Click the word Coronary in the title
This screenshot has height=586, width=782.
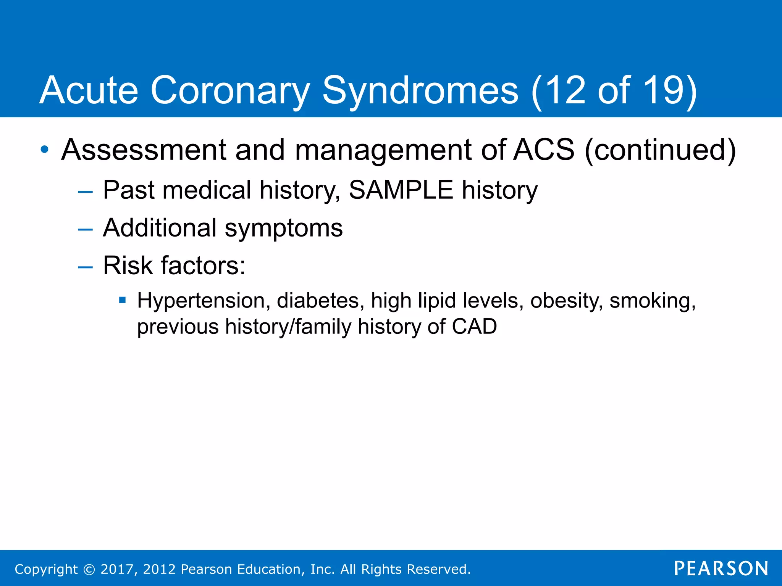click(230, 90)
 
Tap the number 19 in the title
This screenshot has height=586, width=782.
click(664, 90)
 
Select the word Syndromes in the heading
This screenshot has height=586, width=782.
click(420, 90)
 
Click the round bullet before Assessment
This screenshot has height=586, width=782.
click(45, 150)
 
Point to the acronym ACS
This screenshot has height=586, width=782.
click(544, 150)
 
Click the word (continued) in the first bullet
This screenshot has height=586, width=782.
click(660, 150)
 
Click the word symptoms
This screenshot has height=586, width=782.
click(284, 228)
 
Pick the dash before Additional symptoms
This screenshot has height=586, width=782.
click(85, 230)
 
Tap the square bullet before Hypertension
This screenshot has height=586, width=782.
click(122, 300)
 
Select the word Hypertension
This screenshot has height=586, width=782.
click(201, 301)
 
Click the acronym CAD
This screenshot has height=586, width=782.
click(474, 327)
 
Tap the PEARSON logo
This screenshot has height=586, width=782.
click(721, 568)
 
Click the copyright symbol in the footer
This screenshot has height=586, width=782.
click(89, 570)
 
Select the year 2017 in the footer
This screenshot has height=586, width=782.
click(116, 569)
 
